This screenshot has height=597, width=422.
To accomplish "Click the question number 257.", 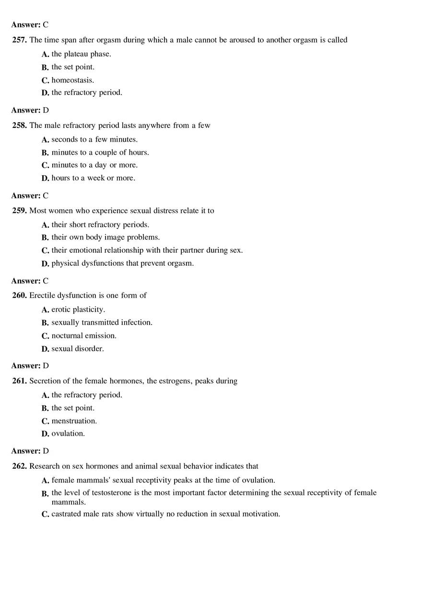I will pyautogui.click(x=20, y=40).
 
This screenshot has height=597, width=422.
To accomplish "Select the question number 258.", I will pyautogui.click(x=20, y=126).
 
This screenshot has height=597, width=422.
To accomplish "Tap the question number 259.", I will pyautogui.click(x=20, y=211).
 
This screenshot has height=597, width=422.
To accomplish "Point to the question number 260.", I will pyautogui.click(x=20, y=296).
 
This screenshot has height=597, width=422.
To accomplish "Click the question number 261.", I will pyautogui.click(x=20, y=382).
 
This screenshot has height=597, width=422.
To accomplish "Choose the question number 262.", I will pyautogui.click(x=20, y=466).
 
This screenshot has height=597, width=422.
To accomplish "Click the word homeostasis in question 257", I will pyautogui.click(x=72, y=80).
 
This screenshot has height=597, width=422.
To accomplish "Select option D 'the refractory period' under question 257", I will pyautogui.click(x=87, y=93).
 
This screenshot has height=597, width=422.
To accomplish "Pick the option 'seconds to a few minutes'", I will pyautogui.click(x=94, y=140).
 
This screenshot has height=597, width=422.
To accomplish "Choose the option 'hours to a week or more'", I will pyautogui.click(x=93, y=179).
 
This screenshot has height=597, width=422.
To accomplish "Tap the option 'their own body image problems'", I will pyautogui.click(x=105, y=237).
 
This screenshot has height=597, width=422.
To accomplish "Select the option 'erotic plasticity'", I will pyautogui.click(x=78, y=310).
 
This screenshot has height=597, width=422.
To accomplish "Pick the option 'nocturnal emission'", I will pyautogui.click(x=84, y=336).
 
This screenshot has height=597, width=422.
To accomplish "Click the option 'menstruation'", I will pyautogui.click(x=74, y=421).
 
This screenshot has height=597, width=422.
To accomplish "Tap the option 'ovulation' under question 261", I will pyautogui.click(x=68, y=434).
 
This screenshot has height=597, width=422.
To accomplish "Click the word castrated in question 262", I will pyautogui.click(x=68, y=514).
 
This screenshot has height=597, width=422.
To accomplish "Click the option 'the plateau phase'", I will pyautogui.click(x=81, y=54).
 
